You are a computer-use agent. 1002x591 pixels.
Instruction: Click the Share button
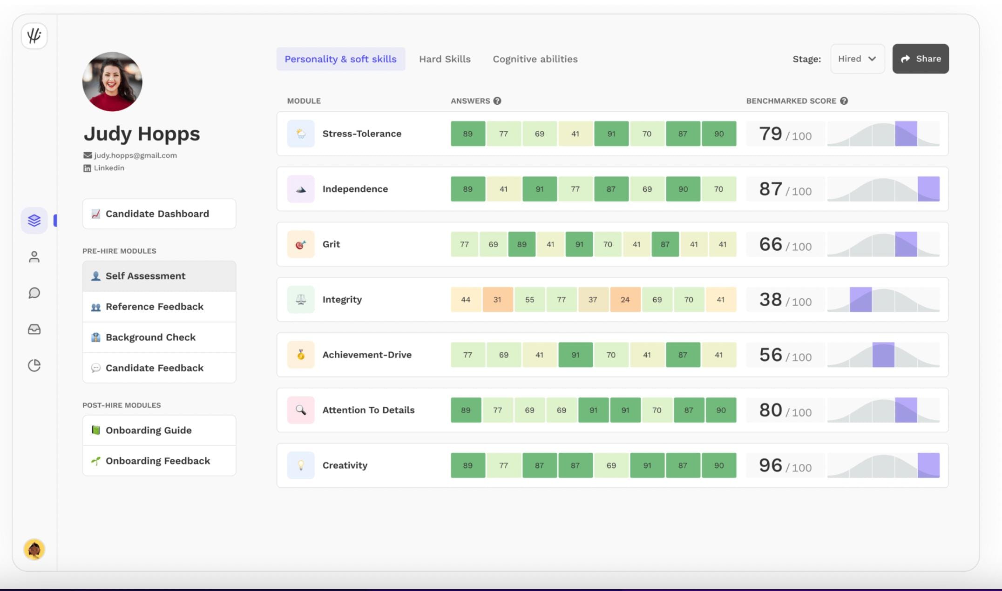(920, 59)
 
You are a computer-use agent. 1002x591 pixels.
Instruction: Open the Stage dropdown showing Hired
(857, 59)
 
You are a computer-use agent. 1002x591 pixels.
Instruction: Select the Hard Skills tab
(445, 59)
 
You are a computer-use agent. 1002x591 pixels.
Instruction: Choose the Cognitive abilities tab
(535, 59)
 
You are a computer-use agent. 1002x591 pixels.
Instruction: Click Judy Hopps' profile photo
(112, 81)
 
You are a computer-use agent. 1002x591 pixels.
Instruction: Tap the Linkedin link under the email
(108, 168)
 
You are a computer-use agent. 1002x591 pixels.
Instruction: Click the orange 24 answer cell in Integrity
(625, 300)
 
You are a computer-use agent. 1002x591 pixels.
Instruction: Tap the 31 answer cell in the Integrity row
(497, 300)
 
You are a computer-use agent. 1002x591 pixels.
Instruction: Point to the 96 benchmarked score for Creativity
(771, 465)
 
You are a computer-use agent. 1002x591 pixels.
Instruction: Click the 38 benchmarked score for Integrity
(771, 300)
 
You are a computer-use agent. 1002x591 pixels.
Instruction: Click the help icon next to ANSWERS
(497, 101)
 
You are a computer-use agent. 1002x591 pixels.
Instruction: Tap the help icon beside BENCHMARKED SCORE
(844, 101)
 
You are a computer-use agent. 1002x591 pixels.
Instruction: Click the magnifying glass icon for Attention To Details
(301, 410)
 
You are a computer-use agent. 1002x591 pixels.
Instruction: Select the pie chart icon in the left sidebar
(34, 366)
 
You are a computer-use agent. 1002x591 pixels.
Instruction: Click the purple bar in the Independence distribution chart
(928, 189)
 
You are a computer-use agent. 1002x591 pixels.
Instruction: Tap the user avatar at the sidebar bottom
(34, 550)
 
